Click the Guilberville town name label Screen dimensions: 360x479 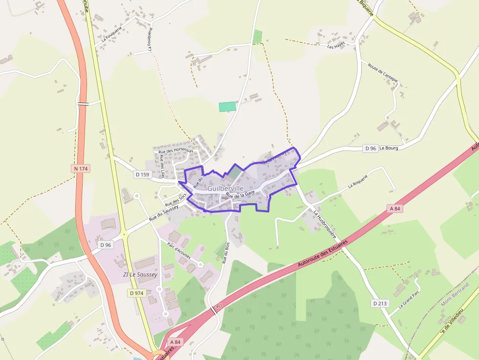click(225, 188)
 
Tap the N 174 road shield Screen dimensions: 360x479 click(81, 169)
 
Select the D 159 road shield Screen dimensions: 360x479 click(143, 174)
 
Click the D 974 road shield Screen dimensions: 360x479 click(137, 293)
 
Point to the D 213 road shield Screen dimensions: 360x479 click(380, 303)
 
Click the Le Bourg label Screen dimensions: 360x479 click(389, 148)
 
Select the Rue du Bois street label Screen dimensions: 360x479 click(226, 253)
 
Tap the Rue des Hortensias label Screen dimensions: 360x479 click(175, 151)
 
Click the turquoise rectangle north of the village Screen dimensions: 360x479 click(227, 106)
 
